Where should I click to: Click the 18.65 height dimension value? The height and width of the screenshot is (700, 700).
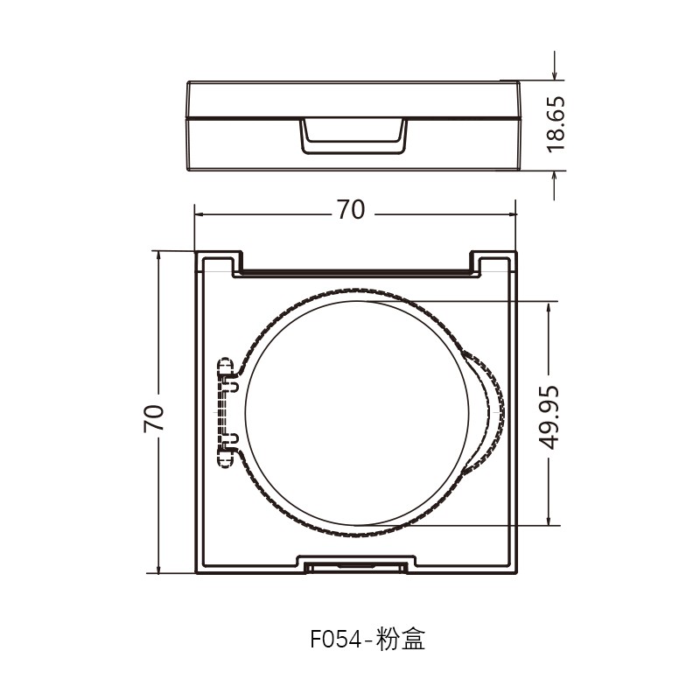pyautogui.click(x=557, y=123)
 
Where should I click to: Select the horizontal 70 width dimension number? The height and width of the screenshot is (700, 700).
pyautogui.click(x=350, y=211)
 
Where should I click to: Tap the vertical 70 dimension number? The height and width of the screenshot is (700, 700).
pyautogui.click(x=155, y=418)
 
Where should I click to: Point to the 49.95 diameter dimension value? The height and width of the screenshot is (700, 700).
pyautogui.click(x=549, y=415)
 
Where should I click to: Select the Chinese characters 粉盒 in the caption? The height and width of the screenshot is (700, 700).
pyautogui.click(x=402, y=640)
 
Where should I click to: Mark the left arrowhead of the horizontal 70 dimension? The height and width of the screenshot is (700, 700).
pyautogui.click(x=199, y=213)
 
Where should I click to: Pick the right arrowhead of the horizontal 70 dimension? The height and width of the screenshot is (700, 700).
pyautogui.click(x=512, y=213)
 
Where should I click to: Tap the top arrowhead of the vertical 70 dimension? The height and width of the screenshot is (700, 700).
pyautogui.click(x=158, y=255)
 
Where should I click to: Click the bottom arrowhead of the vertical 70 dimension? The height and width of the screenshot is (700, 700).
pyautogui.click(x=158, y=570)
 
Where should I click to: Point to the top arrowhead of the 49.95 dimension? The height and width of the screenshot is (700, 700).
pyautogui.click(x=550, y=307)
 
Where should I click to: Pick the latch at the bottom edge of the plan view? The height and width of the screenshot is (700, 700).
pyautogui.click(x=354, y=565)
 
